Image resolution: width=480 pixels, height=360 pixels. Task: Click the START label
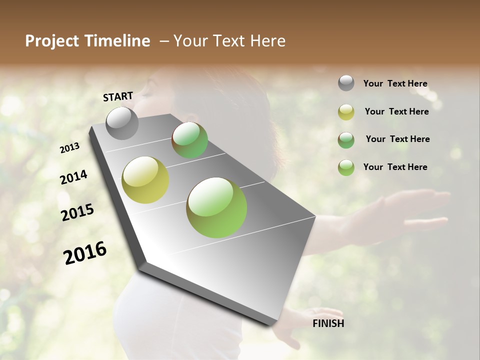pos(118,96)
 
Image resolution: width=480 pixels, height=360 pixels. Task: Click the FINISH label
pos(328,323)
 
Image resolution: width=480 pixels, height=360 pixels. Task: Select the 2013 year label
pos(69,148)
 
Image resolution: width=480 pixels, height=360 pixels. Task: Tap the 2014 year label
pos(73,177)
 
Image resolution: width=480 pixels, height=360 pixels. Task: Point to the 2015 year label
pos(77,212)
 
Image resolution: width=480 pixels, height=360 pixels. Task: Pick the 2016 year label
pos(85,253)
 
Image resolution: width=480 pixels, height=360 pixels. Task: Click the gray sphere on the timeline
pos(122,123)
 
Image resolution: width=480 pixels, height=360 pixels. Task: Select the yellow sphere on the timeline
pos(145,180)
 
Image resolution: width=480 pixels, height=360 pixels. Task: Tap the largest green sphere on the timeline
pos(216,207)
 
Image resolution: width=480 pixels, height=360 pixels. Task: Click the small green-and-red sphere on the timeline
pos(189,140)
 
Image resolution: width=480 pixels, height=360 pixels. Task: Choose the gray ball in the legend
pos(346,83)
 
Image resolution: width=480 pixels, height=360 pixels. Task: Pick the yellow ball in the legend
pos(346,112)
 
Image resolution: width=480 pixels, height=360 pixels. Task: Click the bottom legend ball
pos(346,167)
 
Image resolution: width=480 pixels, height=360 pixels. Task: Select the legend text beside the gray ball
pos(395,83)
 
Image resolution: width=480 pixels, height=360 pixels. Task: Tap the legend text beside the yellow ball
pos(396,111)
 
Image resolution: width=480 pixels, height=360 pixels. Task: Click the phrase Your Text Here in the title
pos(229,41)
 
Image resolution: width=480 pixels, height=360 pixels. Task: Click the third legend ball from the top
pos(346,140)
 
